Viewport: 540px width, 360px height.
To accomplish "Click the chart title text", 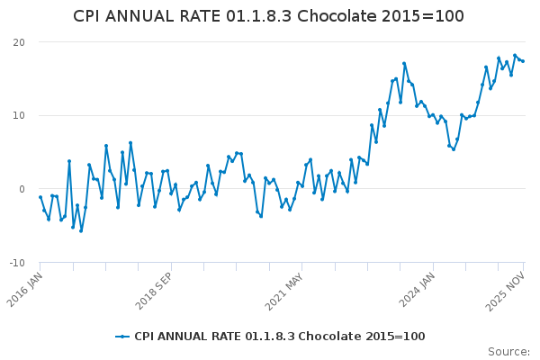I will [x=268, y=16].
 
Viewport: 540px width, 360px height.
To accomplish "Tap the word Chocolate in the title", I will [x=360, y=16].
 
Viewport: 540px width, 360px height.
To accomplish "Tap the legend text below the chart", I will [x=279, y=337].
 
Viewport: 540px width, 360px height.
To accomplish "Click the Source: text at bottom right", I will [x=508, y=352].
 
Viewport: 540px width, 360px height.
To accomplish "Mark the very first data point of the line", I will [x=40, y=197].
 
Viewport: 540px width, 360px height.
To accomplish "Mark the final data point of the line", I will [x=523, y=61].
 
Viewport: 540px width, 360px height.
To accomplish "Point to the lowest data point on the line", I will [x=81, y=231].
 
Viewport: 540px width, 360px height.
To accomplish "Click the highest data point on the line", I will [x=515, y=55].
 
